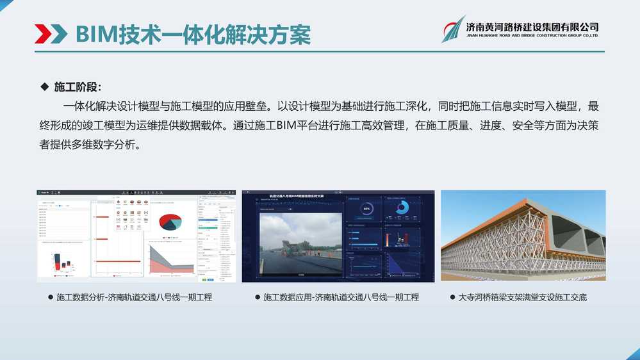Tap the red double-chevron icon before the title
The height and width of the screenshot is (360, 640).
click(x=51, y=33)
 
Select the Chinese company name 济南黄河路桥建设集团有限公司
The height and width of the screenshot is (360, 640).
click(x=532, y=26)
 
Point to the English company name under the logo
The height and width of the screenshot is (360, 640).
click(x=532, y=36)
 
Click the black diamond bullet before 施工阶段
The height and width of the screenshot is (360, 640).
click(x=44, y=86)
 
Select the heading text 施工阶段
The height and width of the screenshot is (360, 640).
click(x=78, y=87)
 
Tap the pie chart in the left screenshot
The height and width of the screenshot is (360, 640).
click(x=171, y=222)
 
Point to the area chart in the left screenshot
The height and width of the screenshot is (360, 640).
click(x=170, y=259)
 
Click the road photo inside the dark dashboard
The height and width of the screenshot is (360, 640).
click(x=300, y=244)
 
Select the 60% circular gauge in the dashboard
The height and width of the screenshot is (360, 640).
click(x=366, y=209)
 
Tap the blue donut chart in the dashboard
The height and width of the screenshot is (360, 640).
click(x=402, y=208)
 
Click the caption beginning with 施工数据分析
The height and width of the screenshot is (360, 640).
click(x=134, y=298)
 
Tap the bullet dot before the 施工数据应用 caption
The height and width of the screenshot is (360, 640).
click(x=258, y=298)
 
